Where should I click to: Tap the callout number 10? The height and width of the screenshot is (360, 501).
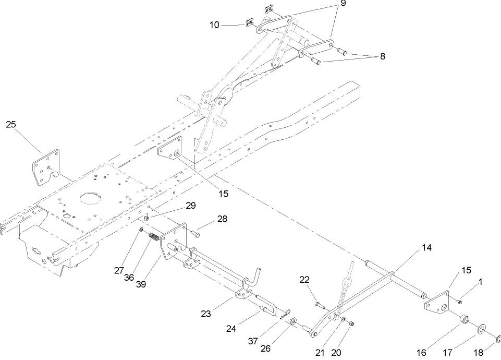pyautogui.click(x=215, y=24)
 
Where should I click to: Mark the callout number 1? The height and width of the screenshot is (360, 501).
pyautogui.click(x=480, y=282)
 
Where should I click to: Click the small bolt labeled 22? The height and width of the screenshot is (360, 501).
pyautogui.click(x=320, y=304)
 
